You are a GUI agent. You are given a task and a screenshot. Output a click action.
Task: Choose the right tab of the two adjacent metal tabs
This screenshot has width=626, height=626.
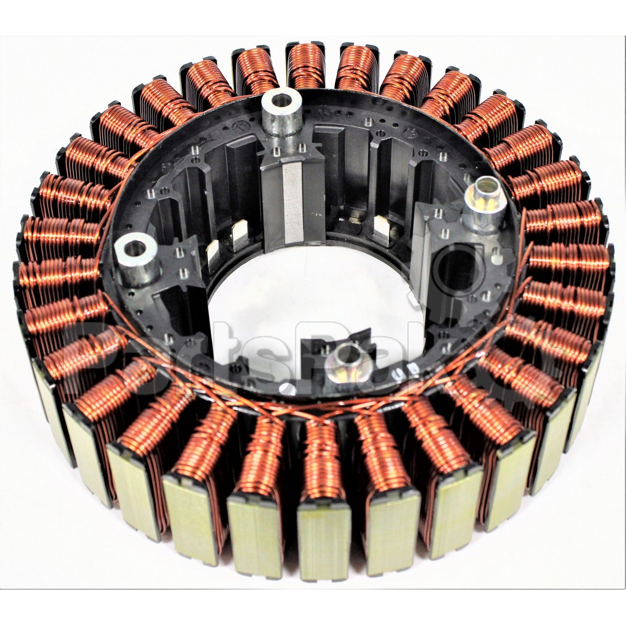[239, 235]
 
